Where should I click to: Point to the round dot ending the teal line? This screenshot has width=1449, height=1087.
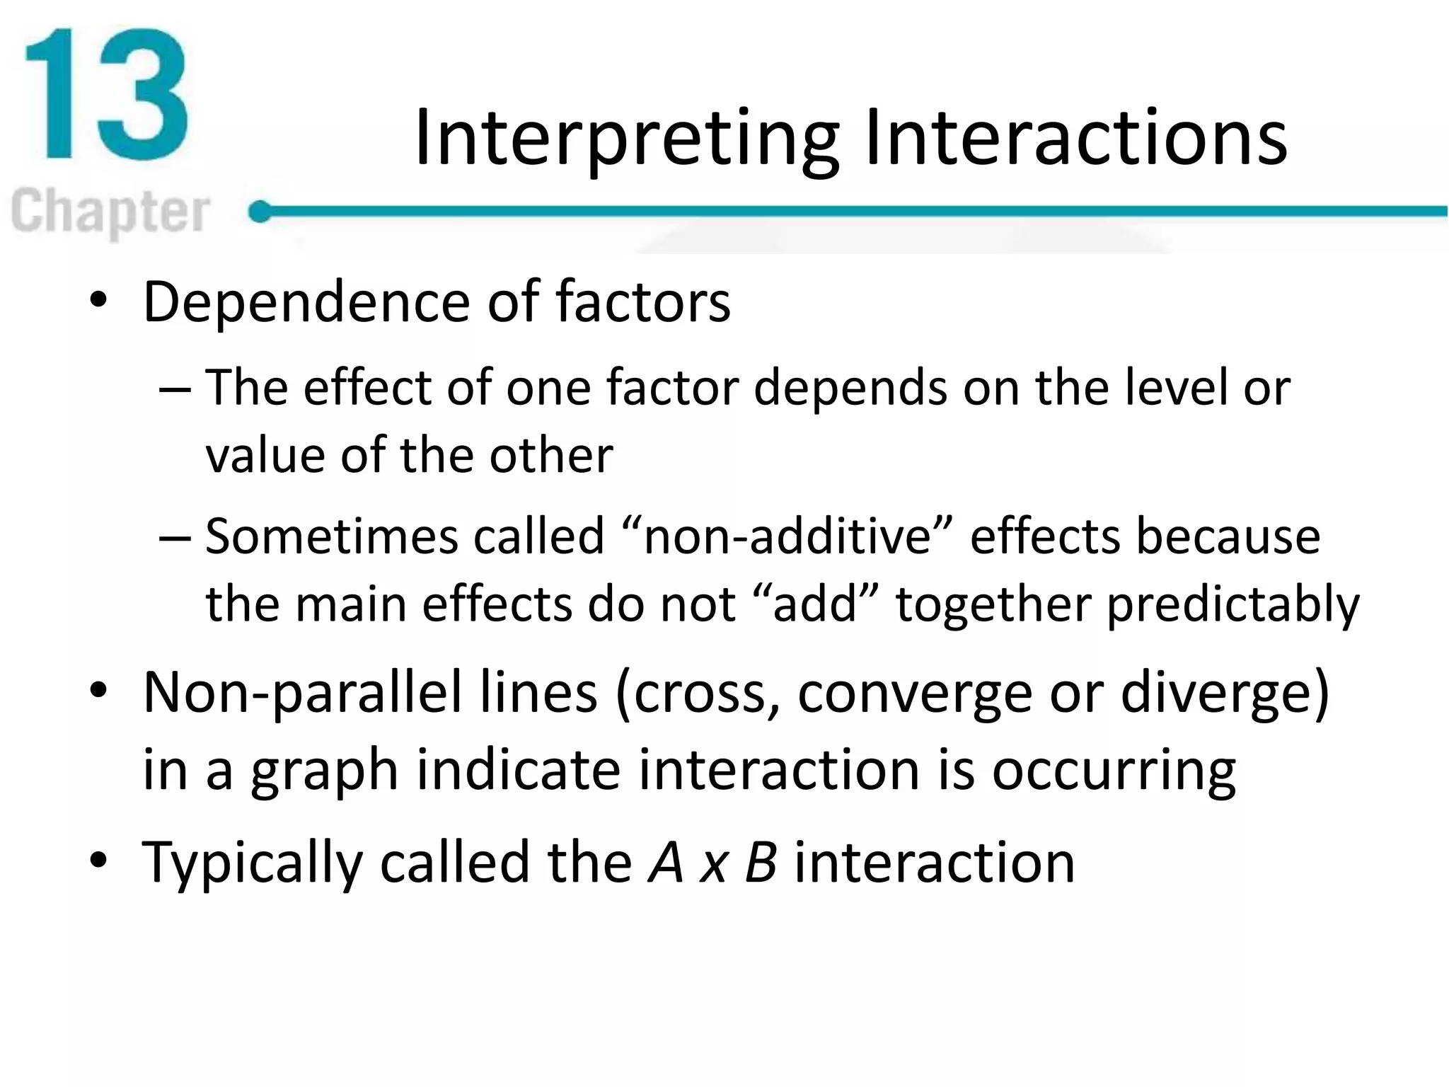(x=260, y=211)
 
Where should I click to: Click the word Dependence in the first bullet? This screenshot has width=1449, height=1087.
(x=306, y=303)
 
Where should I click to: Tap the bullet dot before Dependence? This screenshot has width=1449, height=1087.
(x=98, y=300)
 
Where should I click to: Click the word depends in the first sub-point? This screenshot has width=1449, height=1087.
(x=850, y=389)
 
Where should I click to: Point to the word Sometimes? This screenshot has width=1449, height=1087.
(x=332, y=536)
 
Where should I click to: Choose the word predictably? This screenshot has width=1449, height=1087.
(x=1232, y=606)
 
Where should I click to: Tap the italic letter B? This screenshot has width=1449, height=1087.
(x=761, y=863)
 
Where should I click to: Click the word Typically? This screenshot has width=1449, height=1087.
(x=252, y=864)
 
